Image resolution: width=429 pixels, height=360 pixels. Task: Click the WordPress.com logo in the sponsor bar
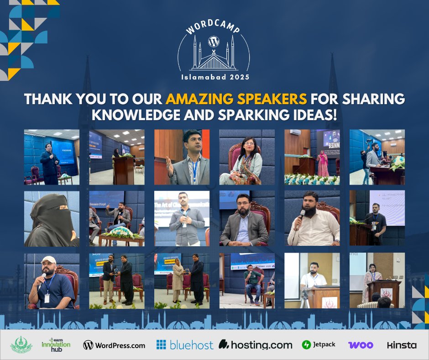click(114, 345)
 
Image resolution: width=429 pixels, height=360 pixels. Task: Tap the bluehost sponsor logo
click(184, 345)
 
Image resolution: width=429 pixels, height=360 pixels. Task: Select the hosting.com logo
click(255, 345)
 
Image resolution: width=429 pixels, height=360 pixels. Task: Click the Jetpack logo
click(319, 345)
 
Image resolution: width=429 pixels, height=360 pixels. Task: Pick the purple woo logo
click(361, 345)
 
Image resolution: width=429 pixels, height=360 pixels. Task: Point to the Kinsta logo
click(402, 345)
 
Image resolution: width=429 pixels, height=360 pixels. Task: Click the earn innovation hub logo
click(56, 345)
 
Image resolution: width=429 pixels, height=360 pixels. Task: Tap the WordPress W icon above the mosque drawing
click(213, 42)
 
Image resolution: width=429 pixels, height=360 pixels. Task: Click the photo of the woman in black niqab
click(52, 218)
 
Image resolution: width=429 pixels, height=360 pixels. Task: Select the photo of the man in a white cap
click(52, 281)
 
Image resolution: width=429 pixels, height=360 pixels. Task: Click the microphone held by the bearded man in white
click(302, 214)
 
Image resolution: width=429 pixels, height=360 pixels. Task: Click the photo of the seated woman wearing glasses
click(247, 157)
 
